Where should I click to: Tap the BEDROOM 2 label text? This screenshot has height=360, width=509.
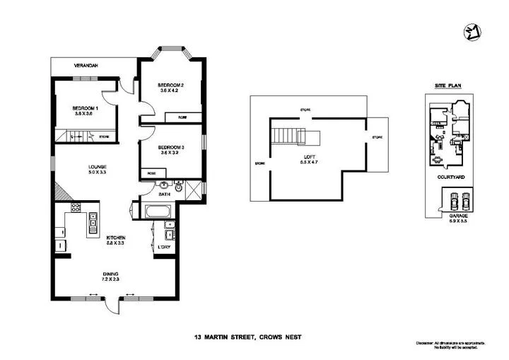tap(170, 84)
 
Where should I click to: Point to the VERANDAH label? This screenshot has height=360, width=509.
tap(86, 66)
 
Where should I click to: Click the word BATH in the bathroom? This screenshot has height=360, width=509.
tap(164, 194)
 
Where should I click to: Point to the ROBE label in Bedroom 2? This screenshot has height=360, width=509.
tap(182, 117)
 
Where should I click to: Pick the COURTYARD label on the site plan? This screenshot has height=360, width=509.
tap(450, 177)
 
